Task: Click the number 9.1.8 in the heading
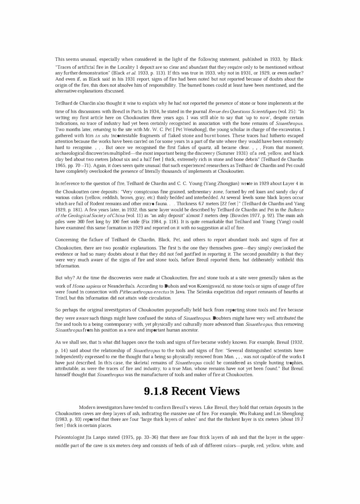(156, 391)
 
